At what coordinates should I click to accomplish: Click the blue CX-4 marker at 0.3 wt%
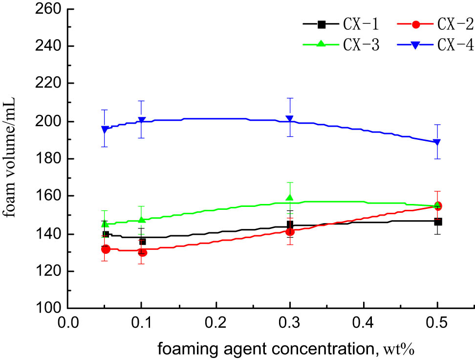(x=290, y=119)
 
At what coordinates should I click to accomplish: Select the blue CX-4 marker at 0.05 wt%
(x=105, y=130)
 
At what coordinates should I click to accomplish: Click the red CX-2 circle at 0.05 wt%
(x=106, y=249)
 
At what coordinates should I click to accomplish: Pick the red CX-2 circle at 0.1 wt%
(x=142, y=252)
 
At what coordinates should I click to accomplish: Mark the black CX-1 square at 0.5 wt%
(x=438, y=222)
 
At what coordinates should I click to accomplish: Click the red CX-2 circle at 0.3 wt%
(x=290, y=231)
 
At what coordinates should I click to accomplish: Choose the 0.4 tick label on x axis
(x=363, y=323)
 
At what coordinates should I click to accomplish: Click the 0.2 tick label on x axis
(x=216, y=323)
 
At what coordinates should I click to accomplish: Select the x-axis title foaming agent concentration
(x=253, y=349)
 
